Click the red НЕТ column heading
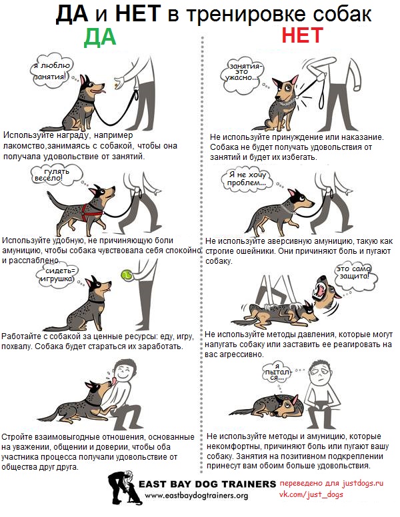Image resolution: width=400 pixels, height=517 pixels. coord(302,35)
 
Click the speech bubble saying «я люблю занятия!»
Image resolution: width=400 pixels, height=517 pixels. coord(52,71)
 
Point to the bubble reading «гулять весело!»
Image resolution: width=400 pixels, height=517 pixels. coord(55,175)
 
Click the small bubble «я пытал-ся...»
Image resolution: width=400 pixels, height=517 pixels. coord(277,372)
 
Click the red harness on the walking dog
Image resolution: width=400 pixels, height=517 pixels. coord(90,211)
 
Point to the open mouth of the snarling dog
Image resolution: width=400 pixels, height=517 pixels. coord(321,288)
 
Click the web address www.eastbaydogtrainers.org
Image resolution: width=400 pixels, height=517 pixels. coord(197,495)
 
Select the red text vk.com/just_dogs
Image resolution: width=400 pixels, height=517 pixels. coord(311,494)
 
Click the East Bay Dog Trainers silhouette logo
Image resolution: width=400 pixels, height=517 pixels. coord(124,488)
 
